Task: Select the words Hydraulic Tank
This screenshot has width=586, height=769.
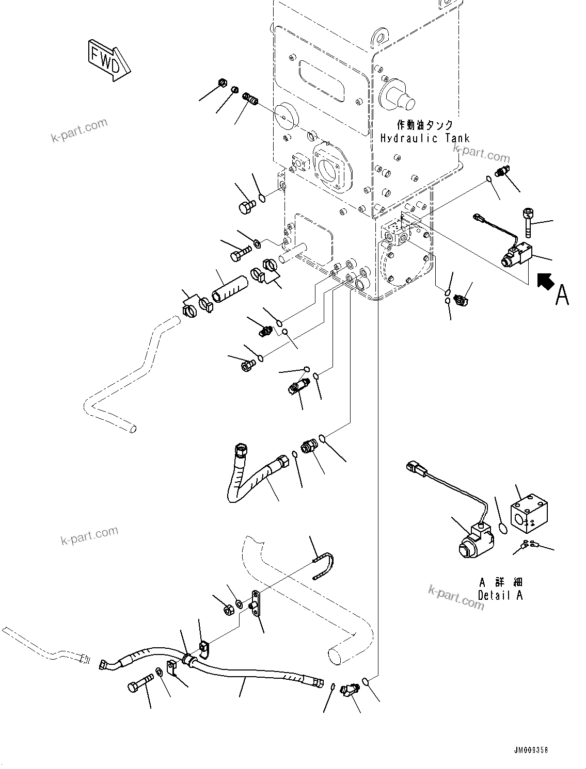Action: pos(425,138)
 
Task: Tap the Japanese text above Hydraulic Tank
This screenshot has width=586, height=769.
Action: pos(425,125)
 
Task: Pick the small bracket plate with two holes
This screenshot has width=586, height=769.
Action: pos(256,603)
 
